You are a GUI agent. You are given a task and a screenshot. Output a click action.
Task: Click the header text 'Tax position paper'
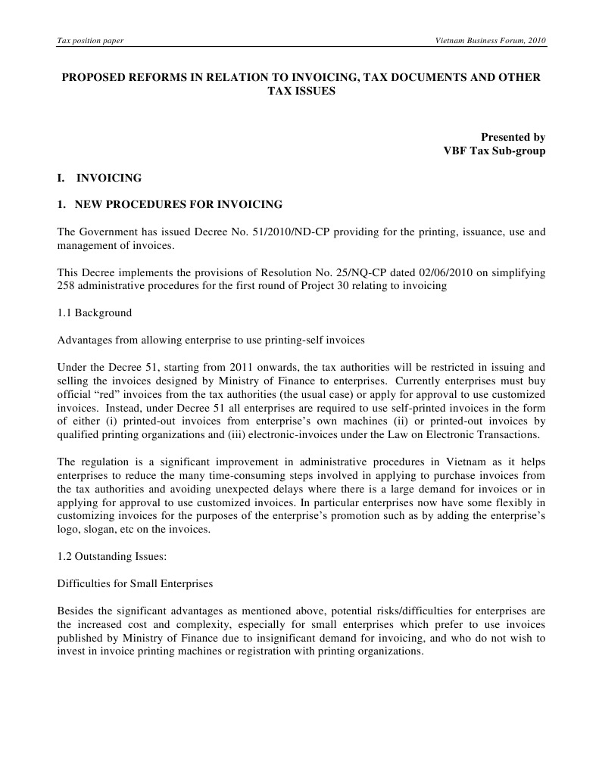(x=90, y=40)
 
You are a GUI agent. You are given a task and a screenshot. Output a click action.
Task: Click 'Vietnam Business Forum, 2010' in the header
(x=486, y=40)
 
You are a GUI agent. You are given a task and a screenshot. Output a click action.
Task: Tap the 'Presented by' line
(x=513, y=137)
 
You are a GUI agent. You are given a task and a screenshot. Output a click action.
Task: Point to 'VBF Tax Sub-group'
(x=494, y=150)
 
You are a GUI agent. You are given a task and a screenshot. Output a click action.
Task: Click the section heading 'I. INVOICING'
(x=99, y=179)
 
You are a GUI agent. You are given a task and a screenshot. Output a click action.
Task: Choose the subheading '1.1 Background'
(x=95, y=312)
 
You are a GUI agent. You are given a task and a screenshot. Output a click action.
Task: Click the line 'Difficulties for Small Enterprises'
(x=135, y=583)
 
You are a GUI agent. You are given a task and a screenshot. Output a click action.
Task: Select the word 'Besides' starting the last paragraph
(x=76, y=611)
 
